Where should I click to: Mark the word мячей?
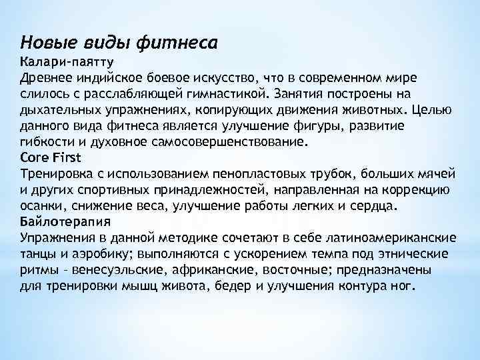point(438,173)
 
